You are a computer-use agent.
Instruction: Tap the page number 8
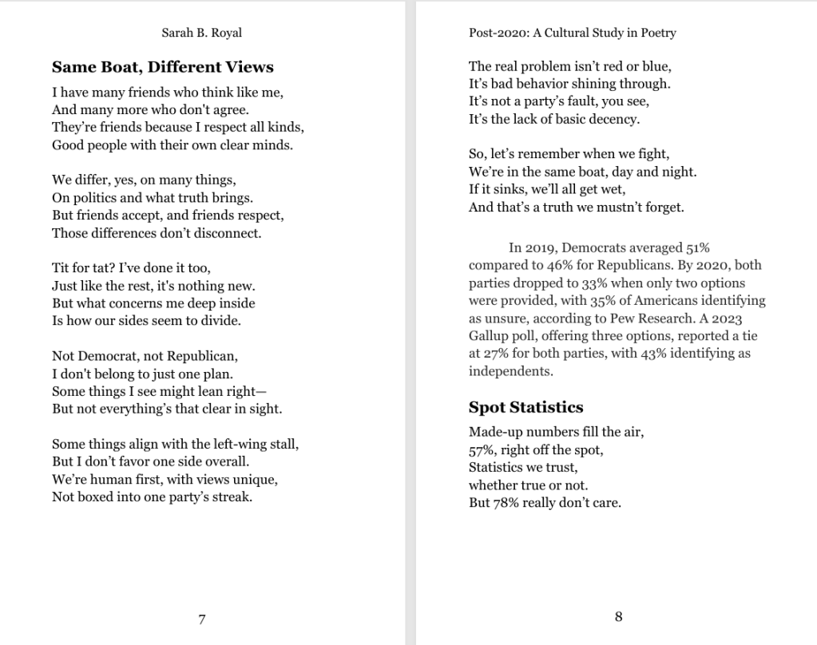pyautogui.click(x=618, y=616)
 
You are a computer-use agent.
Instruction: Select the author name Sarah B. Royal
pyautogui.click(x=201, y=33)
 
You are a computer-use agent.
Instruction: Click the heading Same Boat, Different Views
pyautogui.click(x=163, y=67)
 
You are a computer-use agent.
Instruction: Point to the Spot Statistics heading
pyautogui.click(x=525, y=407)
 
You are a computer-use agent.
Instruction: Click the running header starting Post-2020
pyautogui.click(x=573, y=33)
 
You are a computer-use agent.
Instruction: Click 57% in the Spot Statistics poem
pyautogui.click(x=482, y=450)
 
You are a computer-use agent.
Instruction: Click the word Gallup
pyautogui.click(x=489, y=336)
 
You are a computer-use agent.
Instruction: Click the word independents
pyautogui.click(x=510, y=371)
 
